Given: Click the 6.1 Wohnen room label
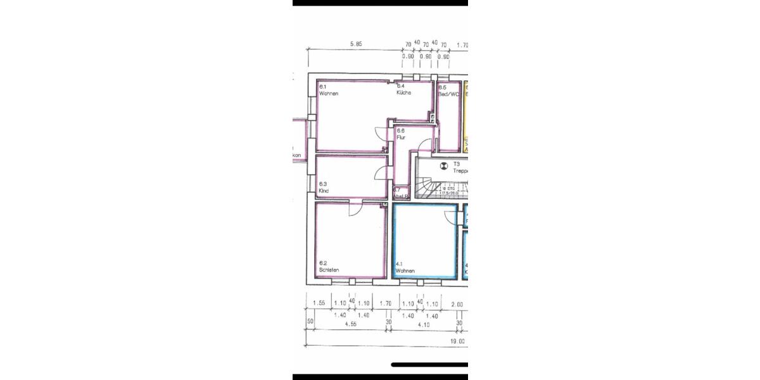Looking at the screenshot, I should point(329,90).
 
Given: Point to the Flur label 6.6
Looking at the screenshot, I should point(401,134).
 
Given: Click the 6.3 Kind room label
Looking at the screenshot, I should point(324,187).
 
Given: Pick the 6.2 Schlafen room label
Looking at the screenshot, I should point(329,267).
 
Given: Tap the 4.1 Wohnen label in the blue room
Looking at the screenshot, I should point(405,267).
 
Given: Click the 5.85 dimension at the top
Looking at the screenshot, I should point(356,45).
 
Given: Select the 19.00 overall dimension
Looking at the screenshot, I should point(457,341).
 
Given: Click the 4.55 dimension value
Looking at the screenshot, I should point(350,324).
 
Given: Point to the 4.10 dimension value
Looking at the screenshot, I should point(424,324).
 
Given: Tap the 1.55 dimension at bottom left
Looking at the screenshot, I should point(319,304).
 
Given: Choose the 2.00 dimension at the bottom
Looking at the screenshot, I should point(457,304).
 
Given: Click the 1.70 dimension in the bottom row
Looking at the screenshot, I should point(386,304).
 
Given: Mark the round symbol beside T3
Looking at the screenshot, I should point(443,167).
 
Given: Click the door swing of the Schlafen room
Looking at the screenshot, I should point(355,209).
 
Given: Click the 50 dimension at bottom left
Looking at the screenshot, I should point(310,322).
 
